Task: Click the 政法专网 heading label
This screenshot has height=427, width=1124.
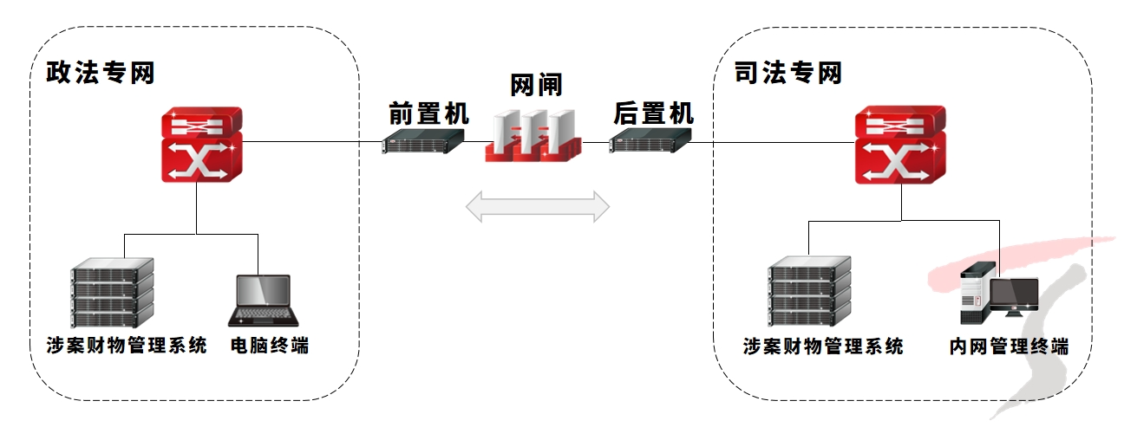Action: click(x=101, y=73)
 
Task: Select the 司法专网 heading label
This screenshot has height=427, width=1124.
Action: click(x=787, y=73)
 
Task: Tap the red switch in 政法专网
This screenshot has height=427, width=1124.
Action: click(x=200, y=145)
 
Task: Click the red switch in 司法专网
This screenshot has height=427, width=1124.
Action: click(x=899, y=145)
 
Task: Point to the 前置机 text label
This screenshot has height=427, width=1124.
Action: click(x=428, y=113)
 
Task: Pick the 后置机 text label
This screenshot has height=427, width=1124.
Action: click(x=653, y=113)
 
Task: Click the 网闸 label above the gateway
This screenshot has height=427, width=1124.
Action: click(x=536, y=85)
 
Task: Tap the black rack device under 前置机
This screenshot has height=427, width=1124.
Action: click(x=421, y=141)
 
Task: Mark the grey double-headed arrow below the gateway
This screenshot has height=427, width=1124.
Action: click(x=538, y=207)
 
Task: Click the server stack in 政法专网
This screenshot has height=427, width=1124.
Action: click(x=111, y=293)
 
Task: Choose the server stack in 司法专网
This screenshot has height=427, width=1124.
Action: click(x=809, y=293)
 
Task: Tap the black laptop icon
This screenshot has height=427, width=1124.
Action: click(x=264, y=301)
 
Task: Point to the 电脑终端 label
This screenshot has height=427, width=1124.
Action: click(x=269, y=346)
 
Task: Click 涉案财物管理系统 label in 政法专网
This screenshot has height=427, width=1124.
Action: click(x=127, y=346)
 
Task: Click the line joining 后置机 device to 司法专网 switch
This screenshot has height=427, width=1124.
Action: click(x=772, y=142)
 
